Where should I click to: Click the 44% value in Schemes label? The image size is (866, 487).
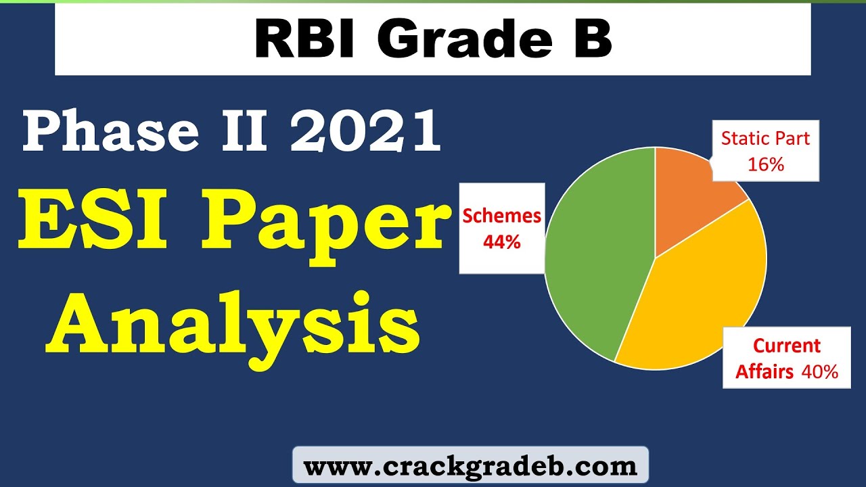coord(501,241)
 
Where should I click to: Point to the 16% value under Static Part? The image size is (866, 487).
coord(766,164)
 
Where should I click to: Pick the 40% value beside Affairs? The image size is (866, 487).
coord(820,371)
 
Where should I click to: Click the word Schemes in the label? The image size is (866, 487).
coord(501,216)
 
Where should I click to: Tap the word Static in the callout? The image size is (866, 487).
coord(742,139)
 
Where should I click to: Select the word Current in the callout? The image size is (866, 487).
coord(787,346)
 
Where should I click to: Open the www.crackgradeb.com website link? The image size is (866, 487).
coord(470,466)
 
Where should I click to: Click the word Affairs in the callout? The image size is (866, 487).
coord(765,371)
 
